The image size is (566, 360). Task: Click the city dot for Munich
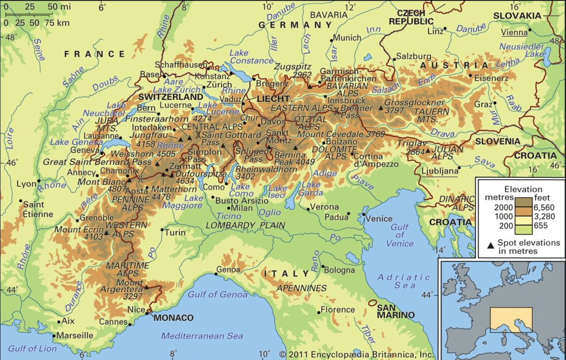coord(333,39)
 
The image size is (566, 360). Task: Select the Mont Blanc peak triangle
coord(128,180)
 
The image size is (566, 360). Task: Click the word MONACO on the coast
coord(173,318)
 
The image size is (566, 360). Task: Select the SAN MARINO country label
coord(395,311)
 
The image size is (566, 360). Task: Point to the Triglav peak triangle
coord(427,150)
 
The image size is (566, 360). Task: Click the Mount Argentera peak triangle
coord(147,287)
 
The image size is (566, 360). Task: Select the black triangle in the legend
coord(491,243)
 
